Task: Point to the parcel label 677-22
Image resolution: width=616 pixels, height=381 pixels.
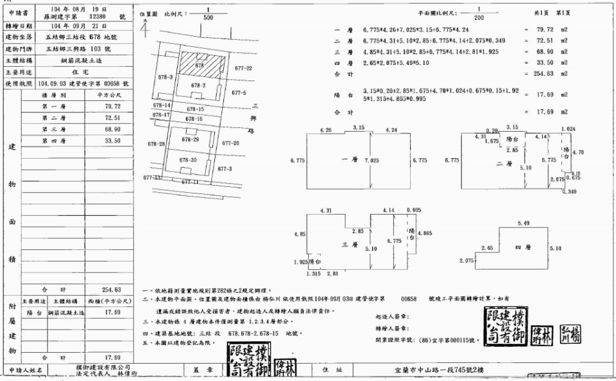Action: pyautogui.click(x=243, y=67)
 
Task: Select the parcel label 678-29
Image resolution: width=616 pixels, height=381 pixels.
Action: pyautogui.click(x=191, y=139)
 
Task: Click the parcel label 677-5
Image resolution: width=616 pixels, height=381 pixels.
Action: pyautogui.click(x=239, y=93)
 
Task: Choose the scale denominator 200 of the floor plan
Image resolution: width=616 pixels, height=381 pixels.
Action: pyautogui.click(x=478, y=17)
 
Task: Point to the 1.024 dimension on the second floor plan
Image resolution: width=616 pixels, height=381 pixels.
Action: pyautogui.click(x=568, y=129)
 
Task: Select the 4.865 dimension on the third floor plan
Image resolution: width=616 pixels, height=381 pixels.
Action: pyautogui.click(x=425, y=233)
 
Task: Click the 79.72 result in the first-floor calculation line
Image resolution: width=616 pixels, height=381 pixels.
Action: pyautogui.click(x=547, y=30)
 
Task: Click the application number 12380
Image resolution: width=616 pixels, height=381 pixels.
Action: pyautogui.click(x=96, y=16)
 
